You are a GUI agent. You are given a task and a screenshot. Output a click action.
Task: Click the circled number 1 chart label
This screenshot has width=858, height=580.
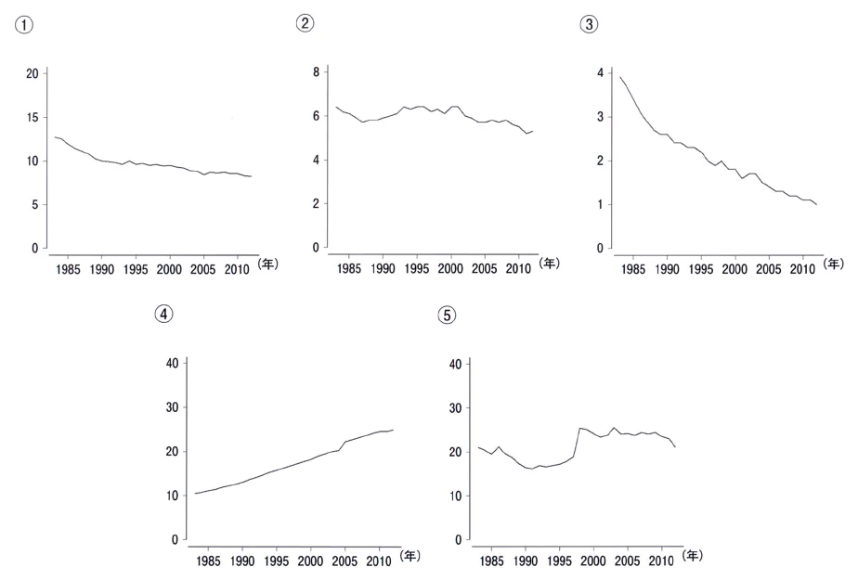tap(24, 25)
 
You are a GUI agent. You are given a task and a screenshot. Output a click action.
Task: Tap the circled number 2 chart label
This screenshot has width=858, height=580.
tap(305, 23)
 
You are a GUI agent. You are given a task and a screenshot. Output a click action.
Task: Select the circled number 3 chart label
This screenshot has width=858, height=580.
tap(589, 24)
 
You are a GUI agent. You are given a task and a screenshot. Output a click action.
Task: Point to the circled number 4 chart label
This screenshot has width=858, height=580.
tap(163, 314)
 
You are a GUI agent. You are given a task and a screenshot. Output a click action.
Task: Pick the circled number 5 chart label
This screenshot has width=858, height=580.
tap(447, 316)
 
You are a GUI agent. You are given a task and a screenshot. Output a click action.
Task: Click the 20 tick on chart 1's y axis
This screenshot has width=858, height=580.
tap(32, 74)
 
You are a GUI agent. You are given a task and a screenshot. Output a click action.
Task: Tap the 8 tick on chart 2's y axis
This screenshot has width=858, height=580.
tap(316, 72)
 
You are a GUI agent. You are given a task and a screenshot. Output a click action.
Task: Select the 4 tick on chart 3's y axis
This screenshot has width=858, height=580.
tap(600, 72)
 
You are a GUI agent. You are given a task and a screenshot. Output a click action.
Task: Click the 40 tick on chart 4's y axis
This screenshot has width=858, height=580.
tap(173, 364)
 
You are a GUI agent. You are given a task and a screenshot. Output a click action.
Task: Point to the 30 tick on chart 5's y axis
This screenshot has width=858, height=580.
tap(455, 407)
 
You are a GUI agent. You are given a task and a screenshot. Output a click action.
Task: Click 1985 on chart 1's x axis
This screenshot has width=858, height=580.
tap(68, 269)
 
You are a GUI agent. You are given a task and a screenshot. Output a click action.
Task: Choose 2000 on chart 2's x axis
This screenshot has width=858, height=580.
tap(450, 268)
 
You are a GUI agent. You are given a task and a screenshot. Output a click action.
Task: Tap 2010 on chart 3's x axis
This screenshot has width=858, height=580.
tap(802, 269)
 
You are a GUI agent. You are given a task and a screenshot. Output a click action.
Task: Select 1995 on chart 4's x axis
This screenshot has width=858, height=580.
tap(277, 561)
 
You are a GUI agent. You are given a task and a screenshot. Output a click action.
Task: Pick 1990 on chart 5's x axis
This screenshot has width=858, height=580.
tap(526, 561)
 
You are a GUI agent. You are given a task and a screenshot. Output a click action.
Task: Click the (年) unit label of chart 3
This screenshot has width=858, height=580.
tap(833, 264)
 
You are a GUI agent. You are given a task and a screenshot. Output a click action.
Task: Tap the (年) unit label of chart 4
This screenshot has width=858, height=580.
tap(409, 556)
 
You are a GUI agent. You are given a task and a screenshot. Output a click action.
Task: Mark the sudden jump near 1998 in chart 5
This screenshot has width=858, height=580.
tap(577, 442)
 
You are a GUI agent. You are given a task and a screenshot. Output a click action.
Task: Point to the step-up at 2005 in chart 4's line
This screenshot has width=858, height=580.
tap(342, 445)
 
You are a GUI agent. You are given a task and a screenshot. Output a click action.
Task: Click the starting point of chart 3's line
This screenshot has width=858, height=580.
tap(620, 77)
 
